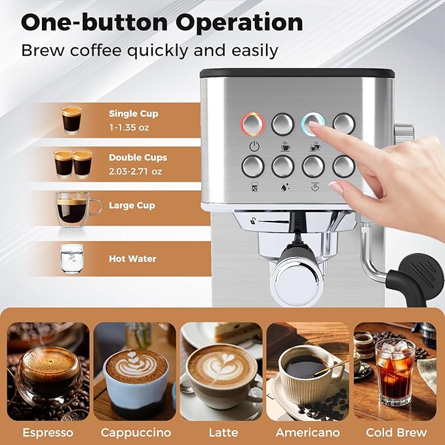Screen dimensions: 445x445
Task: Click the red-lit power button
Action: click(252, 123)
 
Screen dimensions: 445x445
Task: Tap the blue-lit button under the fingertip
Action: click(312, 123)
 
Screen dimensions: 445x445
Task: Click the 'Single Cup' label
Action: click(133, 113)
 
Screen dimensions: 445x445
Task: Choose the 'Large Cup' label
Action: click(132, 206)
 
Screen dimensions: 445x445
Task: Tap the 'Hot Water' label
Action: click(132, 259)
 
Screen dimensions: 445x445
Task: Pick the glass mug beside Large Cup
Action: click(75, 209)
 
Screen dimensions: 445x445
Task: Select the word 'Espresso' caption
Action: click(47, 433)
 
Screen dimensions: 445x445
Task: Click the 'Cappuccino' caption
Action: click(136, 433)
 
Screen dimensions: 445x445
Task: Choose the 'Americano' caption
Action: click(308, 433)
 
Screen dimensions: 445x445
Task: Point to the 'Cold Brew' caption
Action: click(396, 433)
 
